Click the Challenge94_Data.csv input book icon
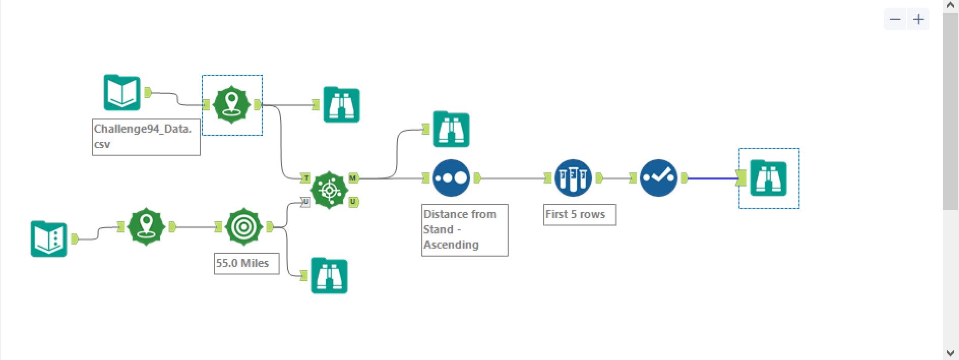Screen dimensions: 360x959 [122, 93]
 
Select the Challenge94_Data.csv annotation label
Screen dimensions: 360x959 [146, 137]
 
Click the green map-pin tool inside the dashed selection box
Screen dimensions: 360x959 [231, 105]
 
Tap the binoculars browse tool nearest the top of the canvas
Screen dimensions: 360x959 [342, 105]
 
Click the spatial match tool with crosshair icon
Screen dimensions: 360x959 [329, 190]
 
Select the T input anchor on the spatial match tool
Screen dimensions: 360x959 [306, 178]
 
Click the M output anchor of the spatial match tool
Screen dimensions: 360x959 [353, 178]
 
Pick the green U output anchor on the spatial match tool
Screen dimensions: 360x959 [353, 202]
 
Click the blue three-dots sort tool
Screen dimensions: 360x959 [451, 178]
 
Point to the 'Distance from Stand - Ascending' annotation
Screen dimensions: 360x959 [465, 230]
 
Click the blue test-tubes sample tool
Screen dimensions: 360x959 [573, 178]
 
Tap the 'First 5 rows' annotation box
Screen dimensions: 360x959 [579, 215]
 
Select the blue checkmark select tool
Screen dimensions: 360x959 [658, 178]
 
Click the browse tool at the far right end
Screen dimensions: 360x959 [768, 178]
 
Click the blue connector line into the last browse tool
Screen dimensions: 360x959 [711, 178]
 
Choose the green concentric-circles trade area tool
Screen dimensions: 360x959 [243, 227]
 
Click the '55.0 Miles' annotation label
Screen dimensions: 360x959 [246, 263]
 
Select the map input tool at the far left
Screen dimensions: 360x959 [49, 238]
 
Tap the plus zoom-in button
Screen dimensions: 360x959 [918, 19]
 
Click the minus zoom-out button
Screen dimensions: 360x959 [895, 19]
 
